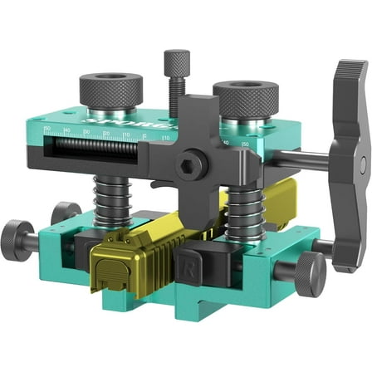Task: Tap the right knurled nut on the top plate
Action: coord(245,97)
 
